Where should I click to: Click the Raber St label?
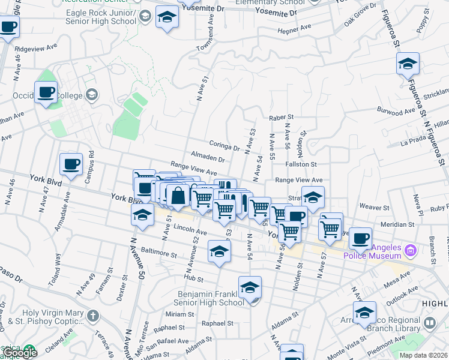pyautogui.click(x=281, y=118)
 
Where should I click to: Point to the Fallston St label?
pyautogui.click(x=301, y=164)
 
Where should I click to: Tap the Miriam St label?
pyautogui.click(x=176, y=314)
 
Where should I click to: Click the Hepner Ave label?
pyautogui.click(x=294, y=28)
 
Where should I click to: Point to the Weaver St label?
pyautogui.click(x=375, y=206)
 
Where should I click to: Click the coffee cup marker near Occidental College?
pyautogui.click(x=46, y=92)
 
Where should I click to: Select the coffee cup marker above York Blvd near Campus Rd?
pyautogui.click(x=71, y=164)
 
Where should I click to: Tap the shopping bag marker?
pyautogui.click(x=178, y=195)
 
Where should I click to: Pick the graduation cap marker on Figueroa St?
pyautogui.click(x=408, y=64)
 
